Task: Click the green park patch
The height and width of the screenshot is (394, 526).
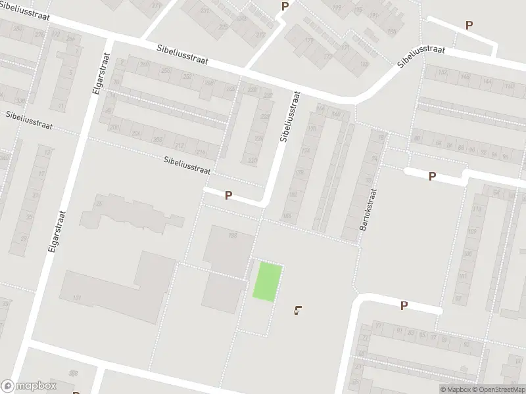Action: [x=268, y=282]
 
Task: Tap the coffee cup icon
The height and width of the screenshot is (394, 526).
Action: [x=300, y=311]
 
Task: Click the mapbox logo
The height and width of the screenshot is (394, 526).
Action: [x=28, y=386]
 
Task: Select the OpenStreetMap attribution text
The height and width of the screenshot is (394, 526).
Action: [x=496, y=389]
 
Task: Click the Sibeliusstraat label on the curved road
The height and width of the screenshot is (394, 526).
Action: [x=421, y=57]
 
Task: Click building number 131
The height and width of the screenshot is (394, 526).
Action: [x=78, y=299]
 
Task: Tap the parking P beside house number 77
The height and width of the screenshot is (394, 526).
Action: [x=404, y=305]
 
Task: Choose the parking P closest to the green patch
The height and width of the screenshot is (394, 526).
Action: [x=228, y=195]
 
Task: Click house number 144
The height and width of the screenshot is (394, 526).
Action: [x=487, y=81]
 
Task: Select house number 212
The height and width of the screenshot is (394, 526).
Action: [x=178, y=146]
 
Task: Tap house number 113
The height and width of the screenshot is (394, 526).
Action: [x=477, y=209]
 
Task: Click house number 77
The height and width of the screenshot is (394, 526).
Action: [x=377, y=326]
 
